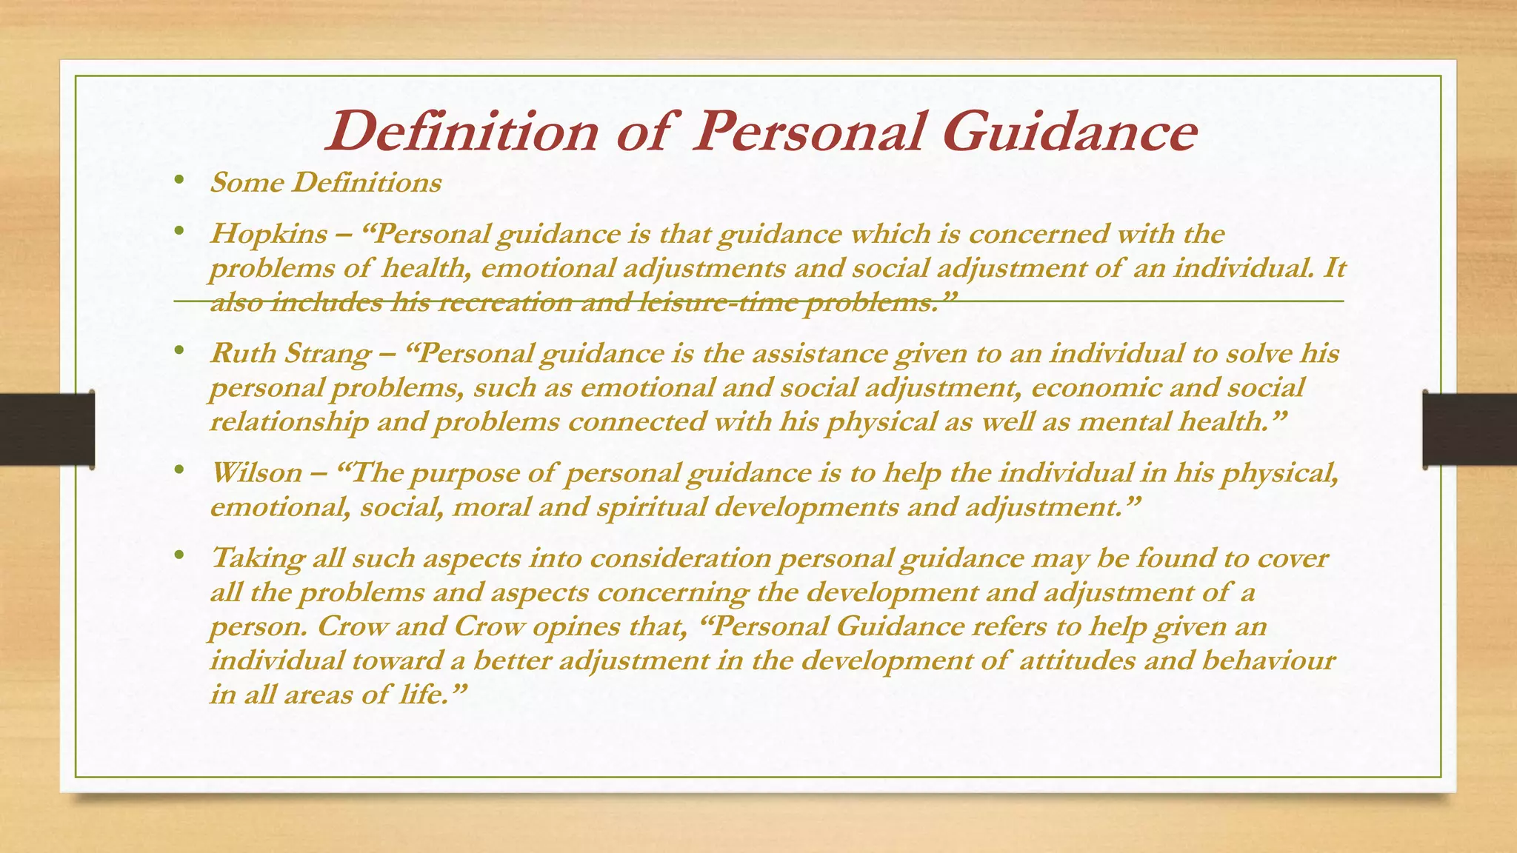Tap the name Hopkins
pyautogui.click(x=268, y=234)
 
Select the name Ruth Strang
pyautogui.click(x=290, y=353)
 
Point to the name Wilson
pyautogui.click(x=256, y=472)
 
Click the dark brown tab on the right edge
pyautogui.click(x=1470, y=429)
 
